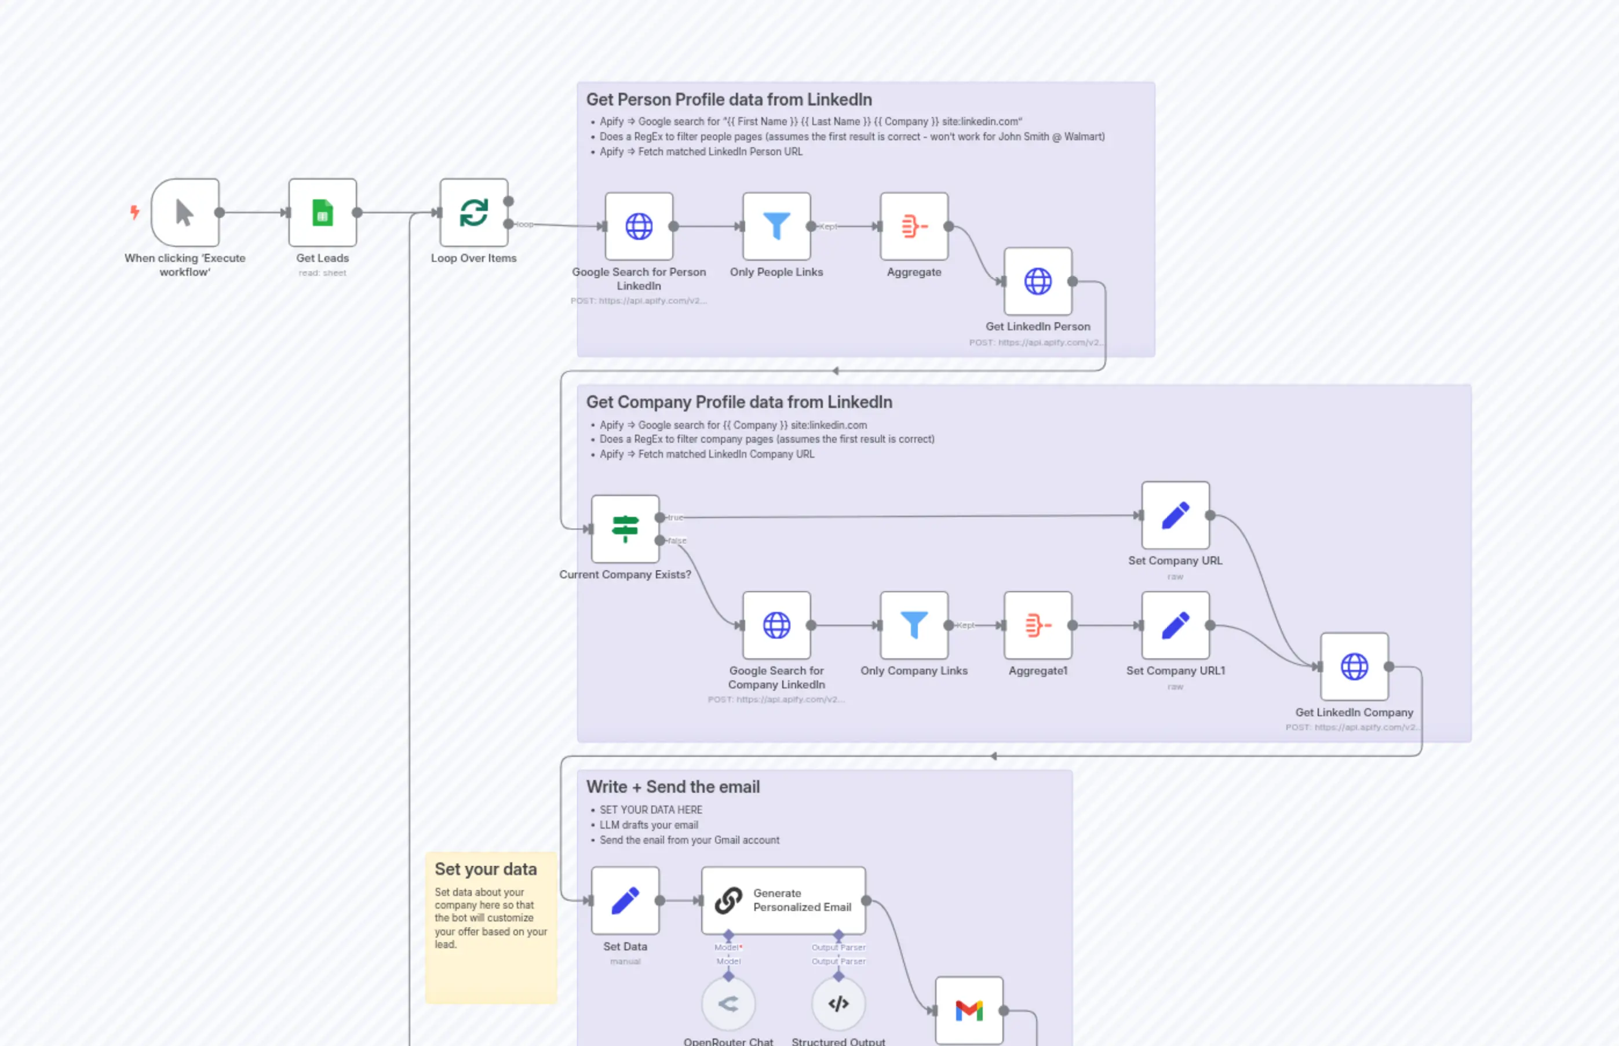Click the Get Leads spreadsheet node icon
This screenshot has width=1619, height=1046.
pyautogui.click(x=322, y=213)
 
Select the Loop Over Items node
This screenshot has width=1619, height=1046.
pyautogui.click(x=473, y=213)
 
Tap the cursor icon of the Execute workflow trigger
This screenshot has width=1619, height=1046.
pyautogui.click(x=184, y=213)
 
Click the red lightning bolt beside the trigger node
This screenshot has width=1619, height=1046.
pyautogui.click(x=134, y=212)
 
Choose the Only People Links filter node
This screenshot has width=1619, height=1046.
pyautogui.click(x=776, y=226)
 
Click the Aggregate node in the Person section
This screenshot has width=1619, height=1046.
pyautogui.click(x=913, y=226)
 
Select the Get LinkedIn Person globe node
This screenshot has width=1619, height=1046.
pyautogui.click(x=1037, y=281)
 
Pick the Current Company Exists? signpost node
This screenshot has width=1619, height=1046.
pyautogui.click(x=625, y=529)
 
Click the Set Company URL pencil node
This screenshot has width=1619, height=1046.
pyautogui.click(x=1175, y=515)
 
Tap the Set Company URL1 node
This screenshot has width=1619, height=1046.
pyautogui.click(x=1175, y=625)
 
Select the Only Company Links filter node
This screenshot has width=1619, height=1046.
pyautogui.click(x=913, y=625)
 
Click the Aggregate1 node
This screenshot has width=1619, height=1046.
pyautogui.click(x=1037, y=625)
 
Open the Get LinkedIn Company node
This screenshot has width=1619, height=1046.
pyautogui.click(x=1354, y=666)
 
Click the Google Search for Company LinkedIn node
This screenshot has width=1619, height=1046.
pyautogui.click(x=776, y=625)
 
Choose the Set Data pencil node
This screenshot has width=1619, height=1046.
pyautogui.click(x=625, y=900)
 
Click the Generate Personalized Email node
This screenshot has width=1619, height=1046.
pyautogui.click(x=783, y=900)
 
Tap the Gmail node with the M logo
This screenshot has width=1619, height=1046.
pyautogui.click(x=968, y=1010)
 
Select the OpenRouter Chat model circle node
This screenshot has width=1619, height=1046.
pyautogui.click(x=728, y=1003)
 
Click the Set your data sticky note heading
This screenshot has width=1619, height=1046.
pyautogui.click(x=485, y=869)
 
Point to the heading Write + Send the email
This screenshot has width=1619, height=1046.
pyautogui.click(x=672, y=786)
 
